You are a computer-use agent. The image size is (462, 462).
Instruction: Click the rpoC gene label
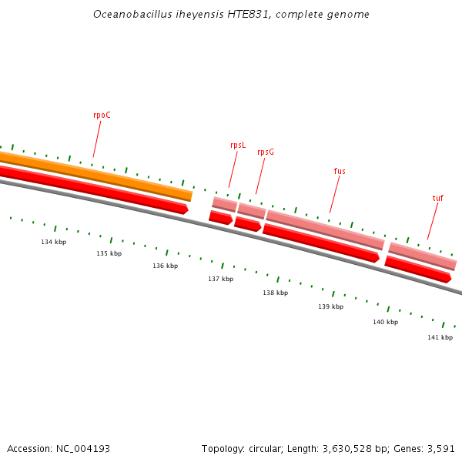[x=102, y=115]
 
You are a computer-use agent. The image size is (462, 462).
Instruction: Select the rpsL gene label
[x=238, y=145]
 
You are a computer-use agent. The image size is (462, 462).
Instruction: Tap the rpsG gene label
[x=266, y=152]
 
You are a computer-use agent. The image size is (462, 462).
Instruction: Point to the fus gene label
[x=340, y=170]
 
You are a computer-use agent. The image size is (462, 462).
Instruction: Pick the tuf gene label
[x=437, y=198]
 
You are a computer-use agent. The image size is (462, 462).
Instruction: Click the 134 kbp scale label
[x=54, y=242]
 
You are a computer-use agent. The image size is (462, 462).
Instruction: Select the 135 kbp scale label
[x=109, y=253]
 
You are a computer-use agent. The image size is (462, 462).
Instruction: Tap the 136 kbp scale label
[x=165, y=266]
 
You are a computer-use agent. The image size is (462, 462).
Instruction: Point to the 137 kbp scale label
[x=220, y=279]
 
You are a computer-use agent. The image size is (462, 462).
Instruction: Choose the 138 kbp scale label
[x=275, y=293]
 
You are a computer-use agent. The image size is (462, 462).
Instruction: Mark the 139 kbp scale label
[x=330, y=306]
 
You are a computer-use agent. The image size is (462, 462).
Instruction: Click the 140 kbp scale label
[x=385, y=322]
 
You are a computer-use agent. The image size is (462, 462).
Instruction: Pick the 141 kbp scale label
[x=440, y=337]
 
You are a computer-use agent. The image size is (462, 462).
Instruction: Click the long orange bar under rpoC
[x=100, y=176]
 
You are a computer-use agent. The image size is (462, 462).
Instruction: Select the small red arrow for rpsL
[x=220, y=218]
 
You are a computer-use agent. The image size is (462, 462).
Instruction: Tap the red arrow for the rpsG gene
[x=247, y=224]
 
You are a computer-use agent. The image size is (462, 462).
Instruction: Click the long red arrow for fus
[x=320, y=243]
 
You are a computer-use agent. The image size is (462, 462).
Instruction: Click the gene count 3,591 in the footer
[x=440, y=448]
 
